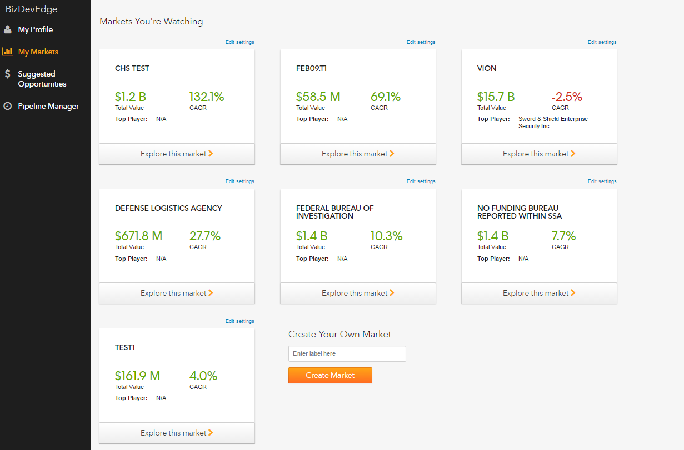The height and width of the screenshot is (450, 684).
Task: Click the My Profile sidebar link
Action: pyautogui.click(x=35, y=29)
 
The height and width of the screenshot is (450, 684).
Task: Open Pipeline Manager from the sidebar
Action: pyautogui.click(x=48, y=106)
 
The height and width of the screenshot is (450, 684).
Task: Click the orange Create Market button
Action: pyautogui.click(x=330, y=375)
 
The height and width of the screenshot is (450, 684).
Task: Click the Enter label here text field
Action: pyautogui.click(x=347, y=353)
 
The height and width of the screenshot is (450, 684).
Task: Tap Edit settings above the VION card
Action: pyautogui.click(x=602, y=42)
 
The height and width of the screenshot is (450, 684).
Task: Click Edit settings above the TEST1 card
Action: pyautogui.click(x=239, y=321)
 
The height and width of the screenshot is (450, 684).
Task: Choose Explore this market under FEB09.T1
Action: pyautogui.click(x=358, y=154)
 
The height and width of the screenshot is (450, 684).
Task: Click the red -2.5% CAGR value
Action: pyautogui.click(x=567, y=97)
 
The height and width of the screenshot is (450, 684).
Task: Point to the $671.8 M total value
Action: pyautogui.click(x=138, y=236)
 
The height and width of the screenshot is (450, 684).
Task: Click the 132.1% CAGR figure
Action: pyautogui.click(x=207, y=97)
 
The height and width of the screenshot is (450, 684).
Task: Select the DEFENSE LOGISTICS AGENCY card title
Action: pyautogui.click(x=168, y=208)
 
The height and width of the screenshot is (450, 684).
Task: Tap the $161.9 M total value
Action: pyautogui.click(x=137, y=376)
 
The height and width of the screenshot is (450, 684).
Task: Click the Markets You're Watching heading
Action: pyautogui.click(x=151, y=22)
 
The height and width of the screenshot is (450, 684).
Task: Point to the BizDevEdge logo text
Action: pyautogui.click(x=31, y=9)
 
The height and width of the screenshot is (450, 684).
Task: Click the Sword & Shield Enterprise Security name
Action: pyautogui.click(x=552, y=123)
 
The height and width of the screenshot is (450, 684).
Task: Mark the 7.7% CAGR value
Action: pyautogui.click(x=563, y=236)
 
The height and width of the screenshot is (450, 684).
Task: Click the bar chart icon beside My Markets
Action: pyautogui.click(x=8, y=52)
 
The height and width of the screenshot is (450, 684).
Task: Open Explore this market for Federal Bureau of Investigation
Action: pyautogui.click(x=358, y=293)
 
